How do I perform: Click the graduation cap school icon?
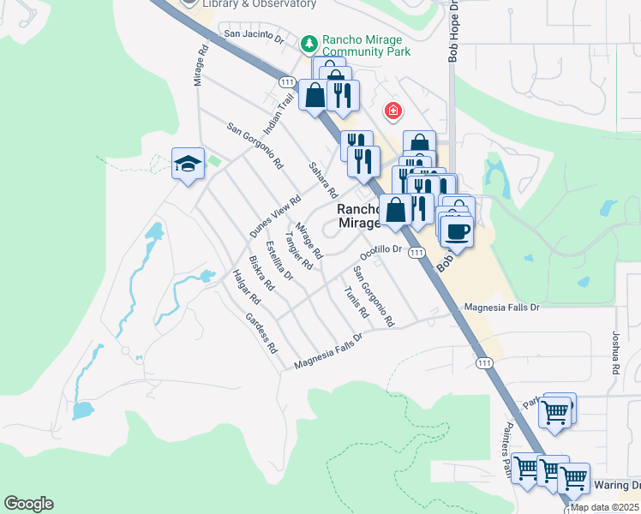coord(188,164)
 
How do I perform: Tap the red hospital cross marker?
coord(393,111)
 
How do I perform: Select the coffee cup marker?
coord(457,230)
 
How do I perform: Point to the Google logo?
coord(28,504)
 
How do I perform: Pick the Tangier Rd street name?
coord(299,250)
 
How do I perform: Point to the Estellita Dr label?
coord(279,261)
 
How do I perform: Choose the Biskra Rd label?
coord(261,272)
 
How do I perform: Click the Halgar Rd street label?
coord(246,287)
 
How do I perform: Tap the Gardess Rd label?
coord(261,332)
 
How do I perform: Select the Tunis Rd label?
coord(356,301)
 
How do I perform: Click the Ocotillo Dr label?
coord(380,252)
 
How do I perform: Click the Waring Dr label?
coord(616,486)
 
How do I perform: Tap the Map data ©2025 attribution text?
coord(605,507)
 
